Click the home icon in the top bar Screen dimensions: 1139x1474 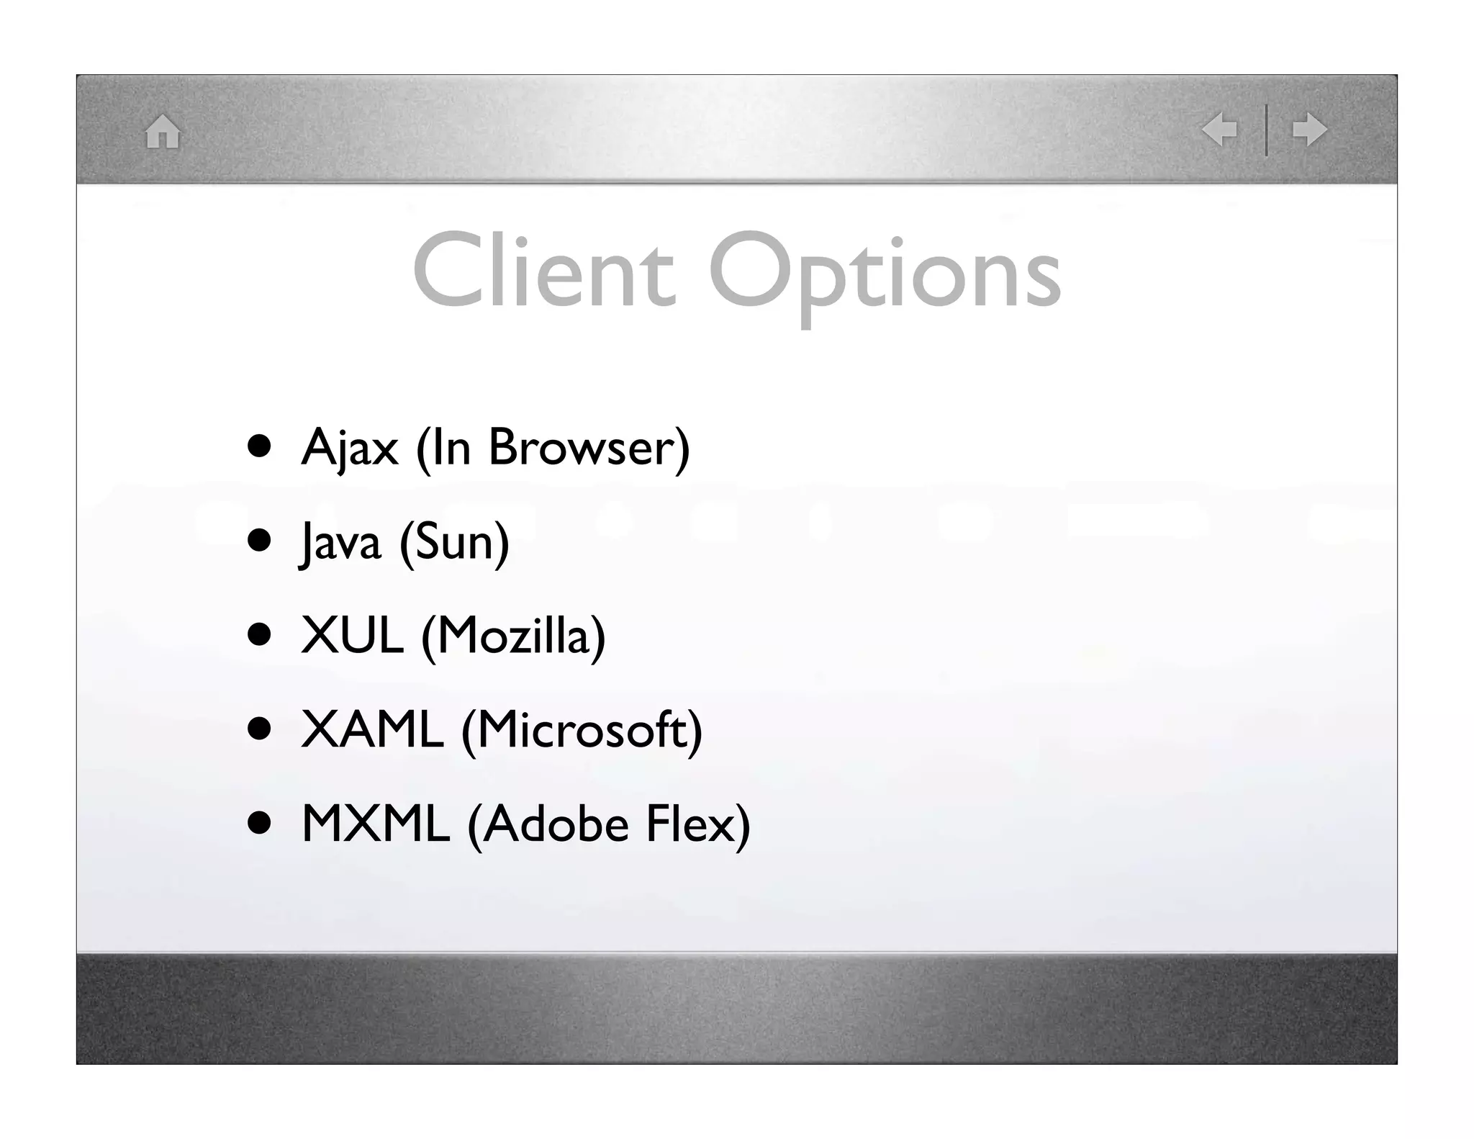(163, 132)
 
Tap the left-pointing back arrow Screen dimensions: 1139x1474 (1219, 130)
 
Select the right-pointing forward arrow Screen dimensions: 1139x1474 (1309, 130)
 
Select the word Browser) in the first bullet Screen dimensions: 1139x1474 (589, 448)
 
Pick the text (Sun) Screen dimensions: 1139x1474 (454, 542)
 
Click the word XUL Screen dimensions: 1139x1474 (352, 636)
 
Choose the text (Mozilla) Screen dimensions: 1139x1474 (513, 636)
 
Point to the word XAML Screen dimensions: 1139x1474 (372, 730)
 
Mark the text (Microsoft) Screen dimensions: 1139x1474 (582, 731)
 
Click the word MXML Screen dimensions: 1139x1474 (375, 824)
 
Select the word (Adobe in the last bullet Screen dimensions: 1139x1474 (548, 825)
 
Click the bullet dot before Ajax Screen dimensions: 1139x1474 (259, 446)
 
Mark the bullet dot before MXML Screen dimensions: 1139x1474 (259, 823)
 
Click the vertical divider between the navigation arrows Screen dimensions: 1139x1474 (1266, 130)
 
